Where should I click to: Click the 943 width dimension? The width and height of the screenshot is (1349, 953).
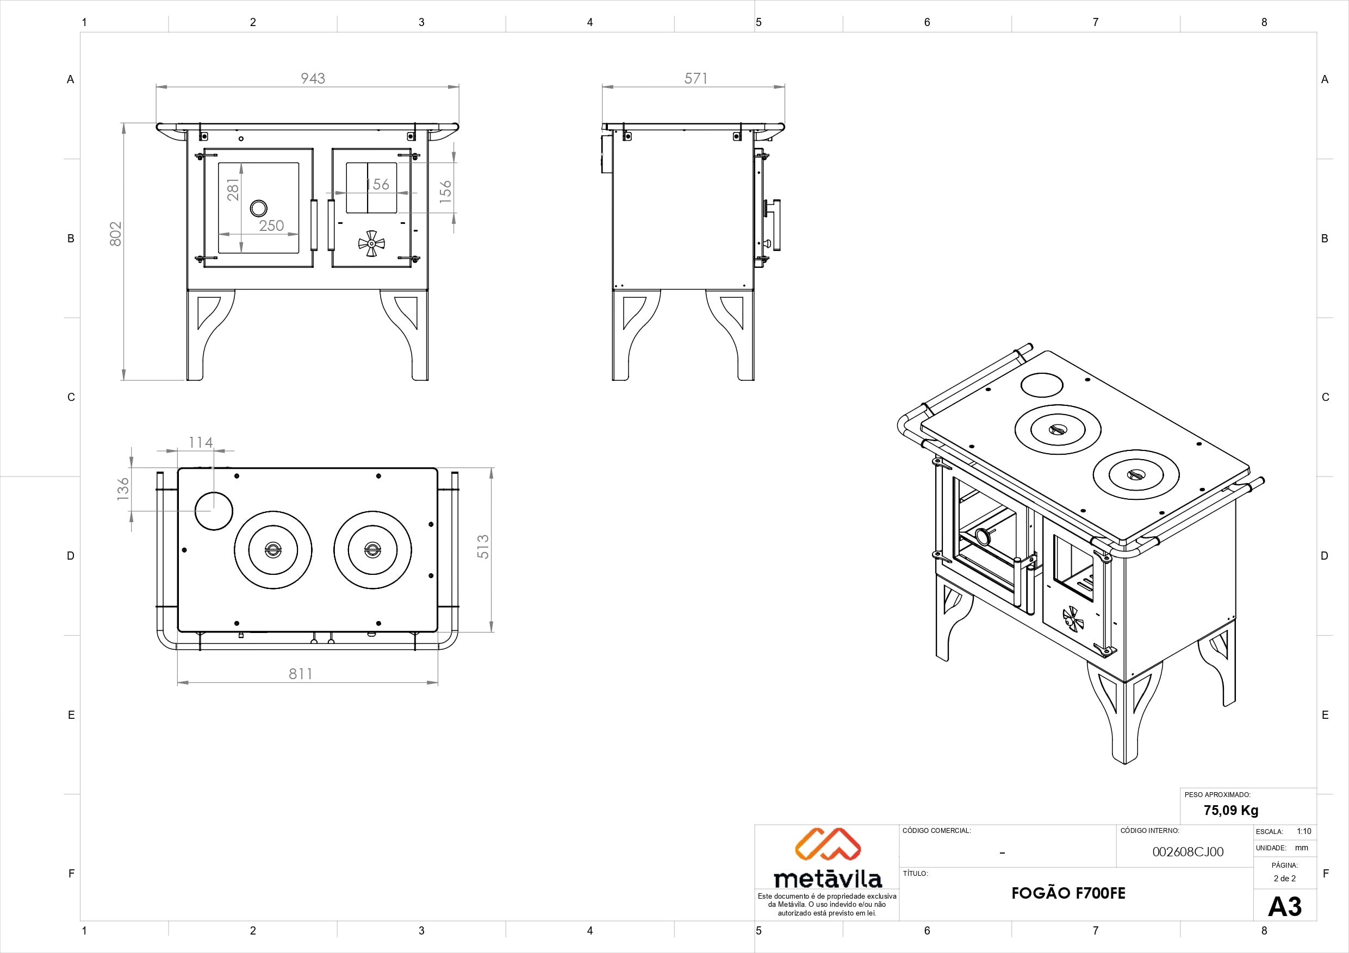(x=313, y=78)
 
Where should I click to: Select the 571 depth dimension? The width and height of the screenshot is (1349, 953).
(x=695, y=78)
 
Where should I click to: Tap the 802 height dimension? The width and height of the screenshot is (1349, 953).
(x=116, y=233)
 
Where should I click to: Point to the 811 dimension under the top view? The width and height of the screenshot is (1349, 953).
(x=300, y=674)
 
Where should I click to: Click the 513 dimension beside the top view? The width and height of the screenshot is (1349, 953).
(x=482, y=546)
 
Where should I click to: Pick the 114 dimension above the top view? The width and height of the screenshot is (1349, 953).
(x=200, y=442)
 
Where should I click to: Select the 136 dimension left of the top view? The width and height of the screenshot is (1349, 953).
(x=123, y=488)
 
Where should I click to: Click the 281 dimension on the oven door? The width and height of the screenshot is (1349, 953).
(x=233, y=189)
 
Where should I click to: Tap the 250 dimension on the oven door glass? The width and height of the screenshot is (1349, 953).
(x=271, y=225)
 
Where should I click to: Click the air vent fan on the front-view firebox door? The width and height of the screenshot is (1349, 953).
(x=371, y=243)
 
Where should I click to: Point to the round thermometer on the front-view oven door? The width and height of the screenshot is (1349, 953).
(x=258, y=208)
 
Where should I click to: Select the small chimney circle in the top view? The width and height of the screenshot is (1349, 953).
(x=214, y=511)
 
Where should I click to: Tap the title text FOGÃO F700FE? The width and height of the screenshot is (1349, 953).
(x=1068, y=893)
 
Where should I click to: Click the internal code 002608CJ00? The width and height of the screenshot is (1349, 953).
(x=1188, y=852)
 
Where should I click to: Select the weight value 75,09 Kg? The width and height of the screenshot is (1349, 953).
(x=1230, y=810)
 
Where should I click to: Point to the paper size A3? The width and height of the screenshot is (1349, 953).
(x=1284, y=907)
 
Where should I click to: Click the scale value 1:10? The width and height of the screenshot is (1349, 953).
(x=1304, y=831)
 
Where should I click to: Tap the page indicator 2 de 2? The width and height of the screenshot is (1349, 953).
(x=1284, y=879)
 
